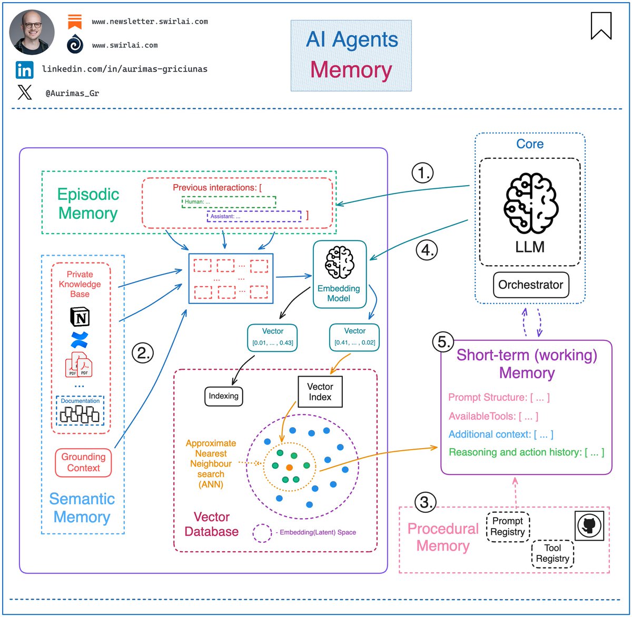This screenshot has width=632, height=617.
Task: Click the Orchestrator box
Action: (530, 285)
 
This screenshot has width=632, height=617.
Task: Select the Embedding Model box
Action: (339, 274)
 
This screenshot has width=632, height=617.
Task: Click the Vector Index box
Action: (320, 392)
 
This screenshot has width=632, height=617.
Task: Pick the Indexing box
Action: (223, 396)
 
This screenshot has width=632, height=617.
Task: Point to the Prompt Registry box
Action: (507, 527)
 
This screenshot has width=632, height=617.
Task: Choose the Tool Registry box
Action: (552, 553)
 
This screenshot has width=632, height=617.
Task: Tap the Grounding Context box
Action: (83, 462)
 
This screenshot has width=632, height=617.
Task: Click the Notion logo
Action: (80, 317)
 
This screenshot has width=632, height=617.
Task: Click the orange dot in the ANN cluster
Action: (289, 467)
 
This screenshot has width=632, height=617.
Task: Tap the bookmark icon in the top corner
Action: (601, 26)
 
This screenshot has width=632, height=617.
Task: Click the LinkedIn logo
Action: (24, 70)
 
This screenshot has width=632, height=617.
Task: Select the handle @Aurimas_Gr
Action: (72, 93)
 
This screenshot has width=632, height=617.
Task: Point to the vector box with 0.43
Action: (272, 338)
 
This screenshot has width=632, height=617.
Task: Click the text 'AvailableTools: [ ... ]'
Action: (493, 417)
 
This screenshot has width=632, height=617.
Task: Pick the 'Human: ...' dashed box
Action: (229, 201)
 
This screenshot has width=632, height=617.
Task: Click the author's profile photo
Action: (32, 32)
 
